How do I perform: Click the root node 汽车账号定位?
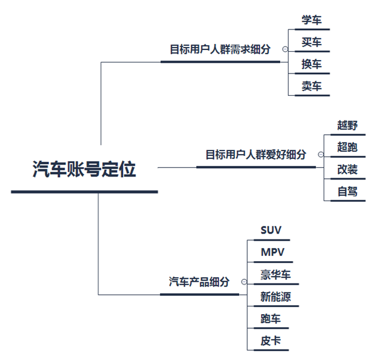[x=84, y=169]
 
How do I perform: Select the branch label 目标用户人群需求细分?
[x=220, y=49]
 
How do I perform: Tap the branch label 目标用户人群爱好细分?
[x=256, y=155]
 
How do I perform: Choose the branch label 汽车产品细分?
[x=199, y=282]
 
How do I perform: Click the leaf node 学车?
[x=311, y=19]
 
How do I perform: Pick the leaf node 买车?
[x=311, y=42]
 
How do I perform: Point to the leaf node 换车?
[x=311, y=64]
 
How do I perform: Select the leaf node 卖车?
[x=311, y=86]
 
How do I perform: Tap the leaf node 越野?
[x=347, y=125]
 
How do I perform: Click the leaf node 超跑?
[x=347, y=147]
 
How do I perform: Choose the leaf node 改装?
[x=347, y=169]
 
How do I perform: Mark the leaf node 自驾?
[x=347, y=192]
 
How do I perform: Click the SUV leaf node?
[x=271, y=230]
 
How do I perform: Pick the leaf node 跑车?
[x=271, y=319]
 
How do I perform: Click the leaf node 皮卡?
[x=271, y=341]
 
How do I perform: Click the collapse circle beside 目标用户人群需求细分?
[x=285, y=50]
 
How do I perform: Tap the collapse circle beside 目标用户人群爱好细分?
[x=320, y=155]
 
